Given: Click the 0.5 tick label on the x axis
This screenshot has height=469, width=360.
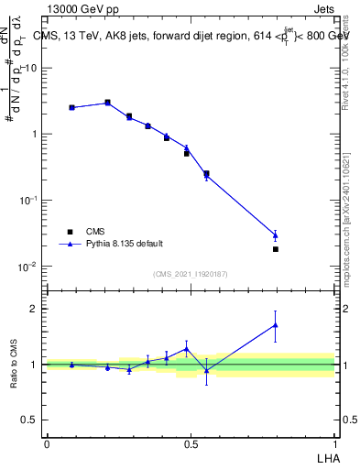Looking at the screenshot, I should pos(191,443).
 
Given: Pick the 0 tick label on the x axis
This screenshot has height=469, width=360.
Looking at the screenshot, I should pos(47,443).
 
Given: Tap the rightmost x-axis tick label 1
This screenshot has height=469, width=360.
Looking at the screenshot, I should pos(334,443).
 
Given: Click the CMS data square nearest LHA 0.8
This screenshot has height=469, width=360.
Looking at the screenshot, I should pos(276,249).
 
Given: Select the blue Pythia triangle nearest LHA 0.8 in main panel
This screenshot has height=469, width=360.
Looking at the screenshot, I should pos(276,235).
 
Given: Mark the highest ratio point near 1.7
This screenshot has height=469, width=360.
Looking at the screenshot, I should pos(276,325).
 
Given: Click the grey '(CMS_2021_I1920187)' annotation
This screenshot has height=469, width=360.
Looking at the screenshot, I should pos(191,273).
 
